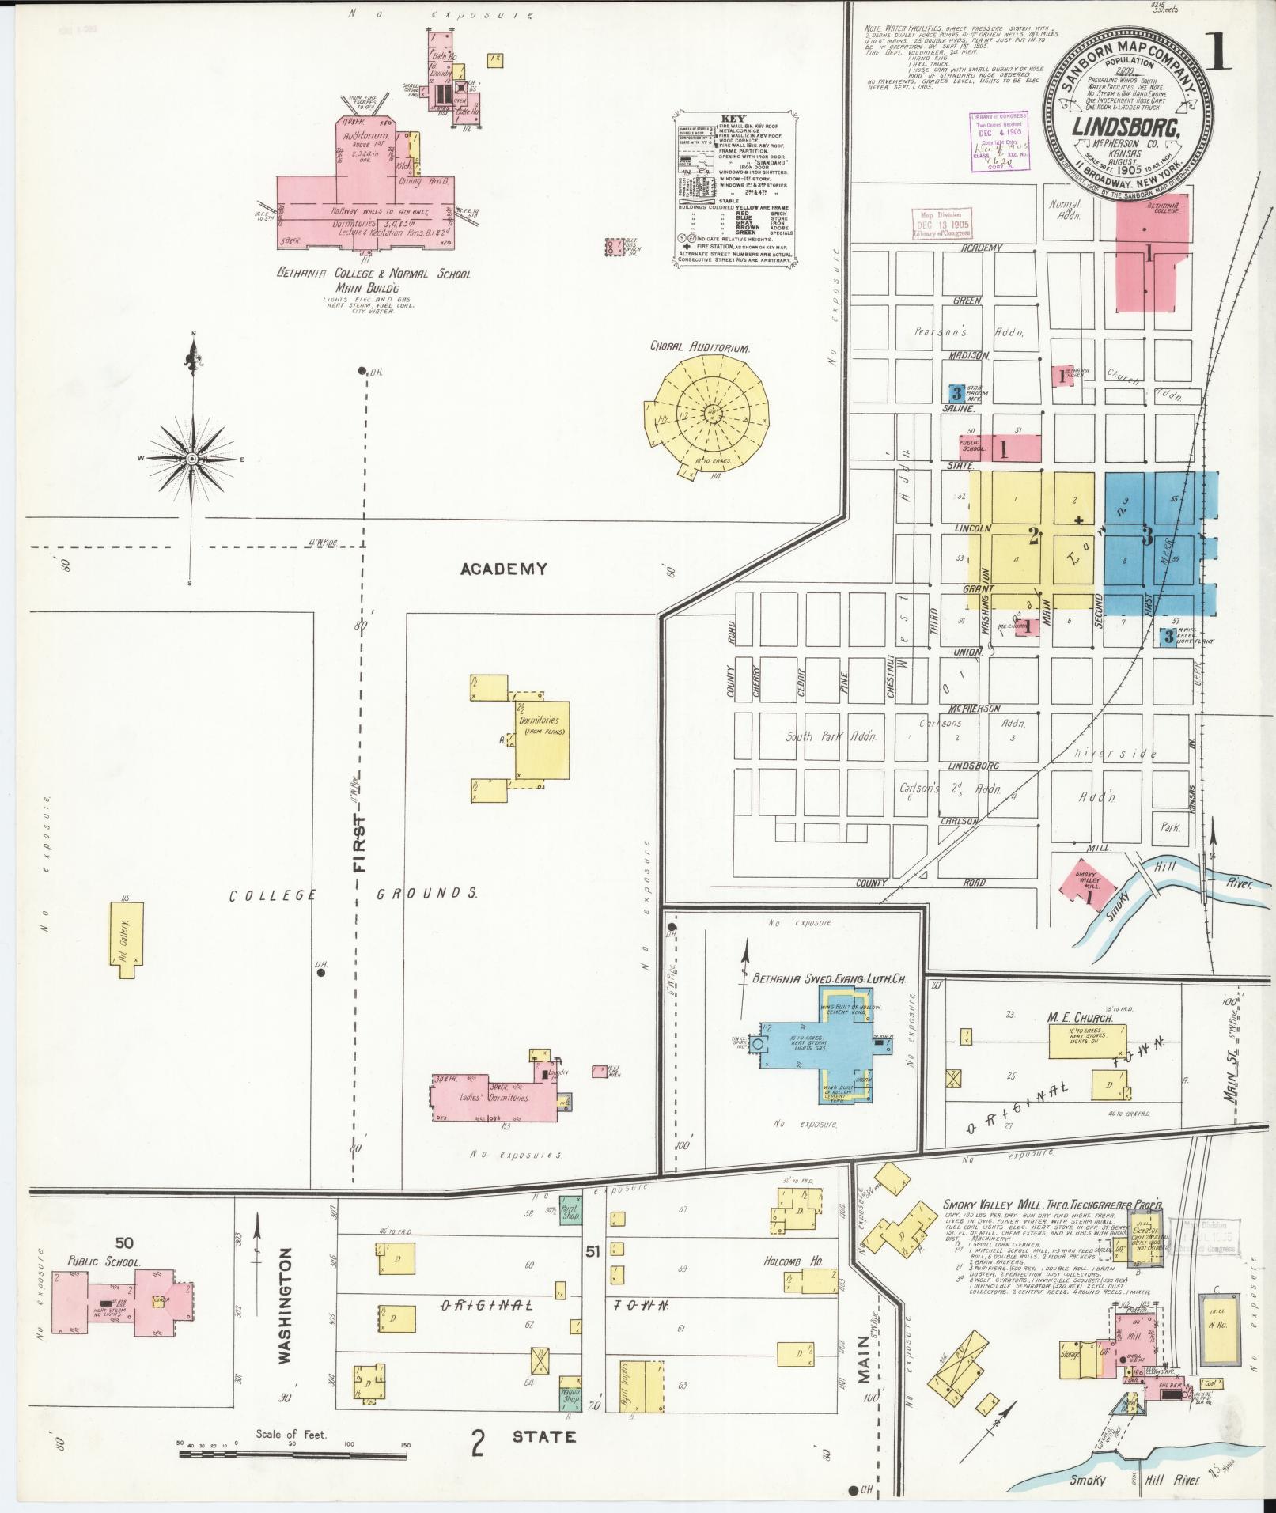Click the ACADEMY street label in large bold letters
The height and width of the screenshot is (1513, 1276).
point(504,569)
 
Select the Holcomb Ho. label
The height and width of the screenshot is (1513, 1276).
point(793,1261)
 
